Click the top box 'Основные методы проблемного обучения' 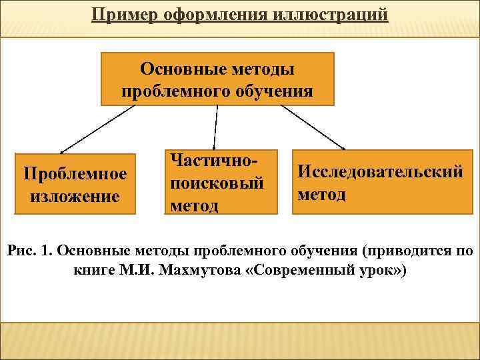point(217,79)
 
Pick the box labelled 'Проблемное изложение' point(75,185)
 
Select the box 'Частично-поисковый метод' point(221,181)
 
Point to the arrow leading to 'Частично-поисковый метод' point(216,127)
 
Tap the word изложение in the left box point(75,197)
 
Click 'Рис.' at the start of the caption point(20,251)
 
